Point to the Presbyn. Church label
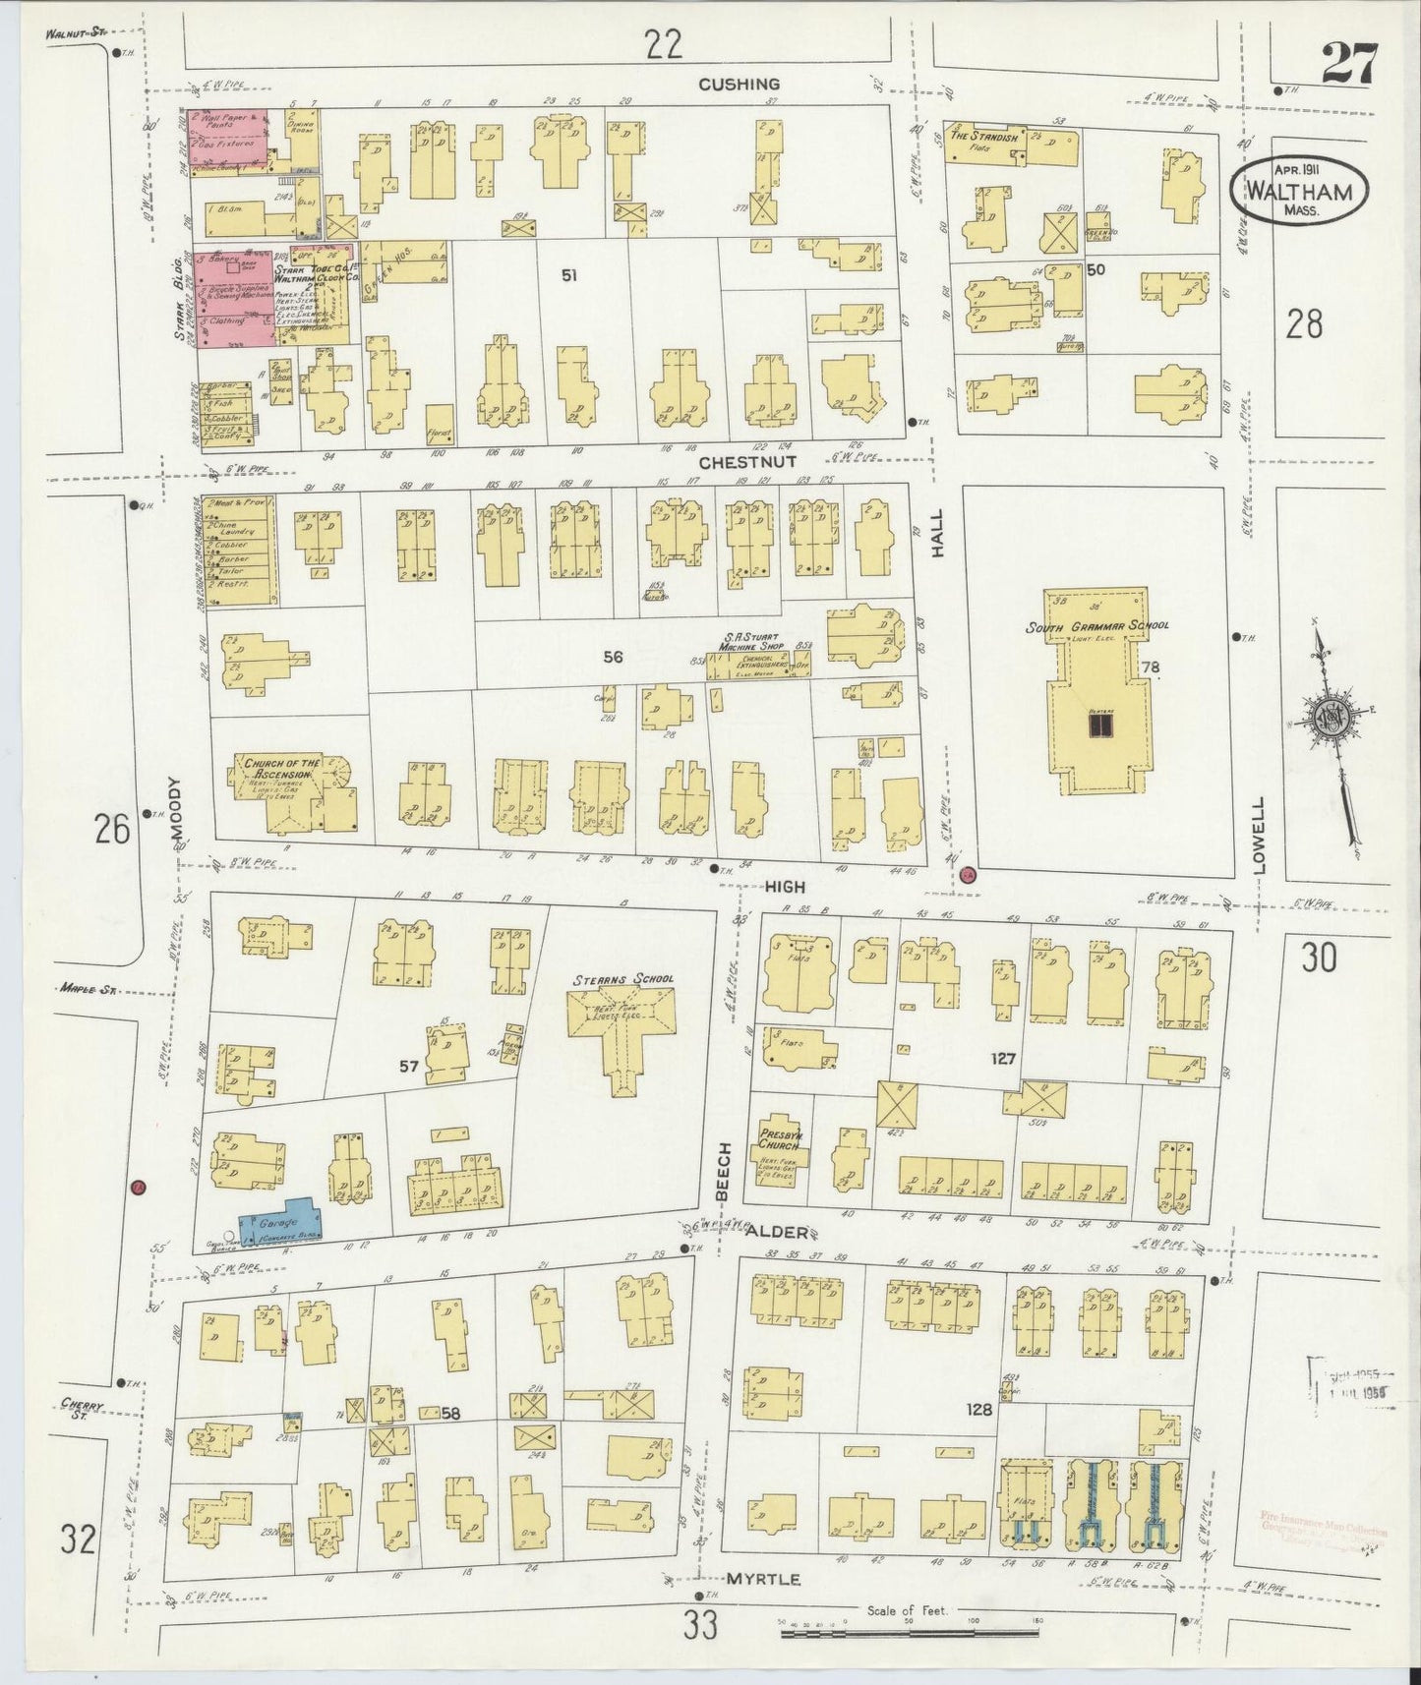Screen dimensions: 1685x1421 click(777, 1139)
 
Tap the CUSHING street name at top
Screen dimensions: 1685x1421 click(739, 85)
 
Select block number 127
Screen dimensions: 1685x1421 click(1003, 1059)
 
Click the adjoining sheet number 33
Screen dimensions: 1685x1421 click(700, 1627)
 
